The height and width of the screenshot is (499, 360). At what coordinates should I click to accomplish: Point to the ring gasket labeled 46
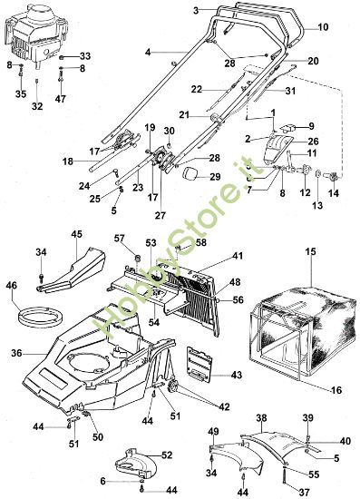[x=35, y=318]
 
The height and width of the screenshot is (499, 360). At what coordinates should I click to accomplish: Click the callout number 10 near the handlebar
[x=323, y=28]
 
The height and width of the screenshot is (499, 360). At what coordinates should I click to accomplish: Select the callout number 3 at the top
[x=195, y=9]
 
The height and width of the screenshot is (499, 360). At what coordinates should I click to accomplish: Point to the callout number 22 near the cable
[x=196, y=88]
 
